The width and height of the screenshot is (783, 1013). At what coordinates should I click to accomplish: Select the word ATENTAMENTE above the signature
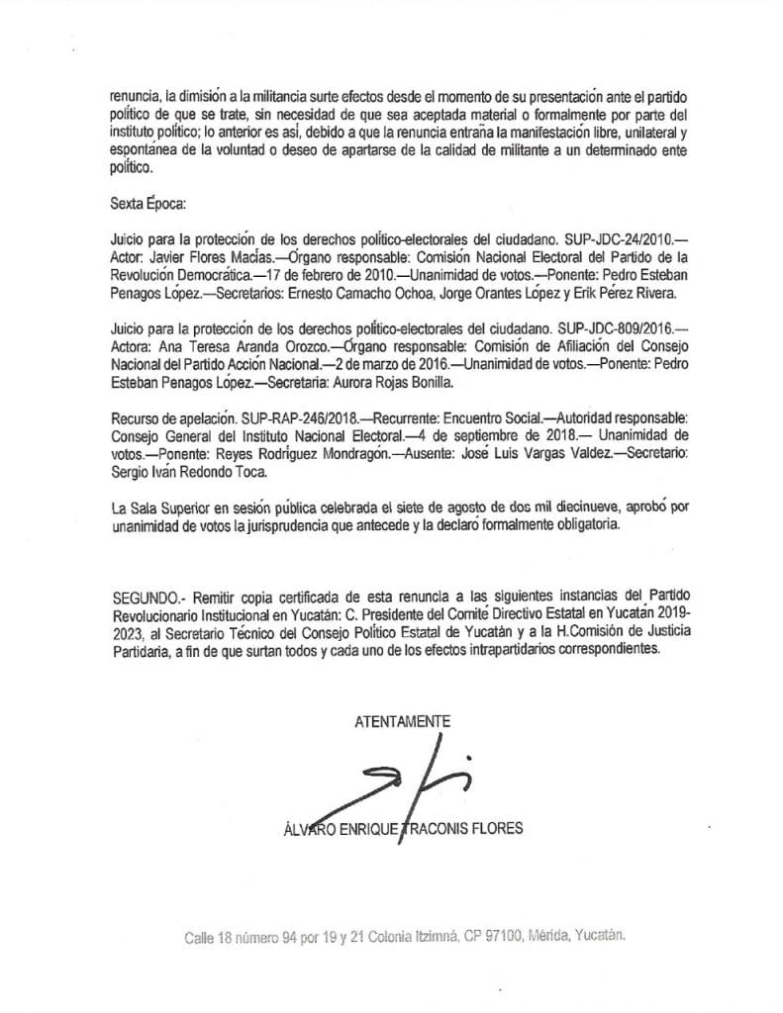tap(403, 721)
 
